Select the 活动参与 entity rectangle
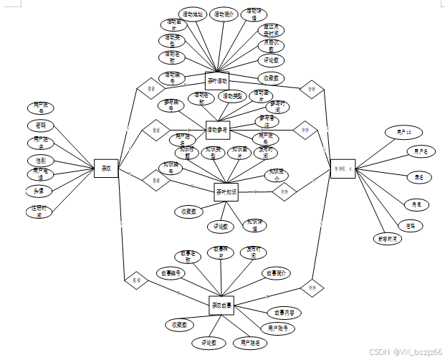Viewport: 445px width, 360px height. point(216,130)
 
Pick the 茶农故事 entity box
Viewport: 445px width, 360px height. point(221,305)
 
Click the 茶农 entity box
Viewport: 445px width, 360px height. point(106,169)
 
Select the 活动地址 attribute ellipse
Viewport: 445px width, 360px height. point(192,14)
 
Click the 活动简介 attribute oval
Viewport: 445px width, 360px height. point(224,14)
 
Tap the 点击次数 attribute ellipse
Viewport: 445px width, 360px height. point(272,44)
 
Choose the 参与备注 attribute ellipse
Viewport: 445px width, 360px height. point(264,120)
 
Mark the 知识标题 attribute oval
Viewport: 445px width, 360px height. point(185,151)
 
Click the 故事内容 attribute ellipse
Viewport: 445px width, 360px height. point(284,313)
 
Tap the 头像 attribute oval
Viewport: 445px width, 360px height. point(40,191)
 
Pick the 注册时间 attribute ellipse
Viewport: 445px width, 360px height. point(40,211)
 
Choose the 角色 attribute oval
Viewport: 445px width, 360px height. point(415,204)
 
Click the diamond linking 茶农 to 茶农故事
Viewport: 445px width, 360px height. point(135,280)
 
